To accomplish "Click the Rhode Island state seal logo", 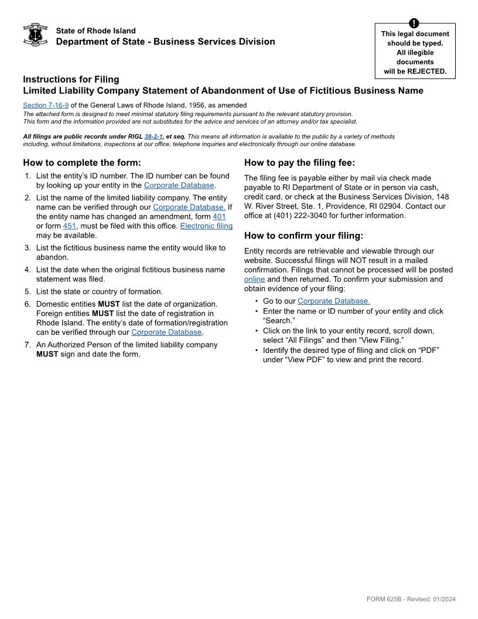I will click(x=35, y=35).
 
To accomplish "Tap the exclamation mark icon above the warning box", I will click(x=415, y=23).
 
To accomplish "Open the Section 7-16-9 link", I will click(x=46, y=106).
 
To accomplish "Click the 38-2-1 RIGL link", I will click(x=153, y=137).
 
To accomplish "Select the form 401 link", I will click(x=219, y=217).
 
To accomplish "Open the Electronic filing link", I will click(x=206, y=226).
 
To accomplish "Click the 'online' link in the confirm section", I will click(x=254, y=280).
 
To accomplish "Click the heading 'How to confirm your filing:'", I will click(x=303, y=236).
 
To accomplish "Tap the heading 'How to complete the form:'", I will click(x=82, y=163).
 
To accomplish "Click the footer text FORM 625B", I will click(x=381, y=599).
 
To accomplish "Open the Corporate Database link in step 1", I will click(x=179, y=186).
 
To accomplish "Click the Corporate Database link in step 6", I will click(x=166, y=332).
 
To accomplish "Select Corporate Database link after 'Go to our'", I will click(x=333, y=301).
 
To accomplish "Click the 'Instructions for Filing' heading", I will click(x=71, y=79).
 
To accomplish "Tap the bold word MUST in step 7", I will click(x=47, y=354).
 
